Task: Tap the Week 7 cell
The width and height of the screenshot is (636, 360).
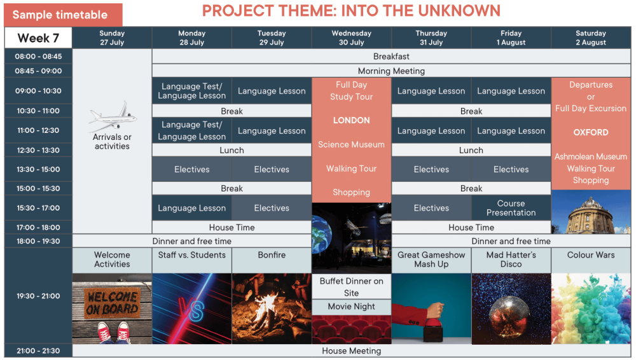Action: click(x=39, y=38)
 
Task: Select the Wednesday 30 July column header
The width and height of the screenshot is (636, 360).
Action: click(x=351, y=38)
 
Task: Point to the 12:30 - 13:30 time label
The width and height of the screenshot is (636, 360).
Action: click(x=38, y=150)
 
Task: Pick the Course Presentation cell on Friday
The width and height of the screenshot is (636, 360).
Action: click(x=511, y=208)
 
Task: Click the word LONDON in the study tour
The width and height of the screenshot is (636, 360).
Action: click(x=351, y=121)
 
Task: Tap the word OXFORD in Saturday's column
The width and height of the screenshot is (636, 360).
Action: click(x=591, y=132)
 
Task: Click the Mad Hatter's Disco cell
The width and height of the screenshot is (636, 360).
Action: click(x=511, y=260)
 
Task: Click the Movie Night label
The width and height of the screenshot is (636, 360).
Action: click(x=351, y=307)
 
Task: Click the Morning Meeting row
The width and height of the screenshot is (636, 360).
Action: click(x=391, y=71)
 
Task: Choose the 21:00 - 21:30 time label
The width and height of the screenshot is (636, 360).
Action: click(x=38, y=350)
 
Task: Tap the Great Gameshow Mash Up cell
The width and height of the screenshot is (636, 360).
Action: click(x=431, y=260)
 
